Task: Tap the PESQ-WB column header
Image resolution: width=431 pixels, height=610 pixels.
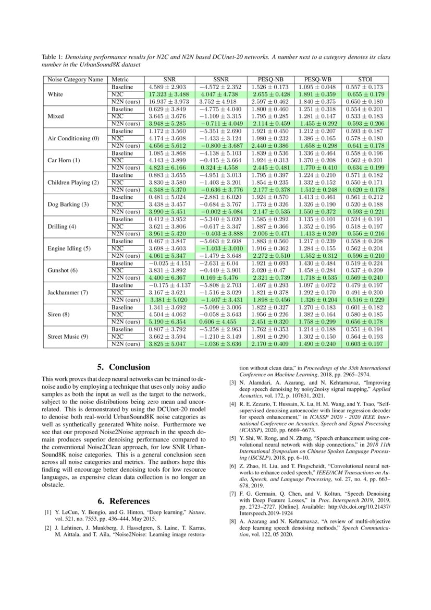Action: click(317, 80)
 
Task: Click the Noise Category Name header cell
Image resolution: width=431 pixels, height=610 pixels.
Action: click(75, 80)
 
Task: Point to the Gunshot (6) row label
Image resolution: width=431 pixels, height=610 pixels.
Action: click(62, 270)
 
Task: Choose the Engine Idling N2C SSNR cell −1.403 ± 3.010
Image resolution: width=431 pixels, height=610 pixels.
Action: click(219, 248)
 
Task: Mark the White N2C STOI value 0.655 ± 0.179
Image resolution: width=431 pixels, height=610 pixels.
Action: click(364, 94)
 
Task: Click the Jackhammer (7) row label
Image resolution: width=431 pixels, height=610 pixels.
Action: click(66, 292)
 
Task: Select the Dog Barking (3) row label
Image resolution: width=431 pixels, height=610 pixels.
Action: click(68, 204)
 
